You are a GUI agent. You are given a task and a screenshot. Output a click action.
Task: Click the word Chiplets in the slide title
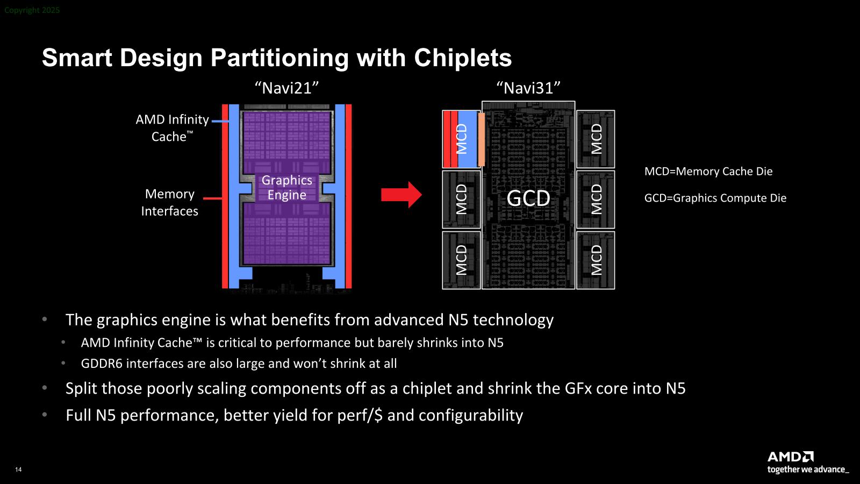click(462, 58)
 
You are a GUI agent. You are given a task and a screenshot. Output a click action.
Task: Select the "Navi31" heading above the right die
click(528, 88)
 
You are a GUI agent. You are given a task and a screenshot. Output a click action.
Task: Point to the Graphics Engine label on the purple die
click(286, 188)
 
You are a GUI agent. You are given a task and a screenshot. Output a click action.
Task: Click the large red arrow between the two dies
click(401, 195)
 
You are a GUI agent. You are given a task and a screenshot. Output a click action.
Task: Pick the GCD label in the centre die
click(528, 198)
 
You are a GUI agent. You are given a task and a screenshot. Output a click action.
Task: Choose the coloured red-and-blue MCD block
click(461, 139)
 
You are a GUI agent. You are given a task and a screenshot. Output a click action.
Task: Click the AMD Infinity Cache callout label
click(172, 128)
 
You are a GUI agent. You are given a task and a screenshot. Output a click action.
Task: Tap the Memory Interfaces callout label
click(169, 203)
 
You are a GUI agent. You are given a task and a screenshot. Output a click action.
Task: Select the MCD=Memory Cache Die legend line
click(708, 172)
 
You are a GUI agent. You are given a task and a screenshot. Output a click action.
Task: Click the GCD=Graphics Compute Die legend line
click(715, 198)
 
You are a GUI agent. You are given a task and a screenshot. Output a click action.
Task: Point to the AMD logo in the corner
click(790, 457)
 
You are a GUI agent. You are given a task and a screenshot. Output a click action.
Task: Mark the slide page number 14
click(18, 470)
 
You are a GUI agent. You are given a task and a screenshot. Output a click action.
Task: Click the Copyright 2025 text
click(32, 10)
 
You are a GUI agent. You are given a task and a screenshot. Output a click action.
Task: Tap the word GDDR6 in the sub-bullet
click(102, 364)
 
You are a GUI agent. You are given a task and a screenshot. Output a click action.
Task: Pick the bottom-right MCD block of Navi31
click(596, 260)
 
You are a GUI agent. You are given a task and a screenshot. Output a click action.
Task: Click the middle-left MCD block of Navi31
click(461, 200)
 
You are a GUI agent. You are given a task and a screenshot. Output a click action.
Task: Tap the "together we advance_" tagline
click(808, 470)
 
